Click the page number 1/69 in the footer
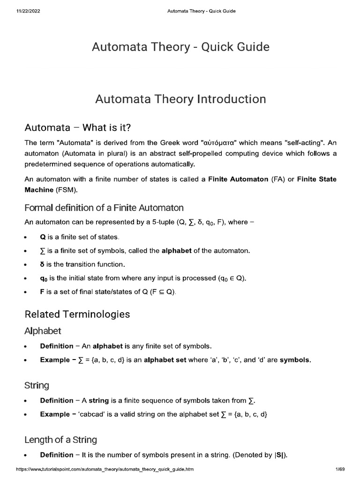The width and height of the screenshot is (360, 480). point(340,469)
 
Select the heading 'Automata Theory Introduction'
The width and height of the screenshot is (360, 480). point(180,99)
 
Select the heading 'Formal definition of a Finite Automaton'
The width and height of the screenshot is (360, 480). point(104,207)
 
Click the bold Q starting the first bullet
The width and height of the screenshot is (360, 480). point(43,237)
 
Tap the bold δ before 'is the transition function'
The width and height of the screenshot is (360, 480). point(43,264)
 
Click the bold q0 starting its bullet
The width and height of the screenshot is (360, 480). point(44,278)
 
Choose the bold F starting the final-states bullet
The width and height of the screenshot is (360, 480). point(42,292)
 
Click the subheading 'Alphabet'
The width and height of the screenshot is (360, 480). point(43,331)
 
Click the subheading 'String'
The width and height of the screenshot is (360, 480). point(37,386)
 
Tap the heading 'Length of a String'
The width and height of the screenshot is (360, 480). point(60,440)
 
